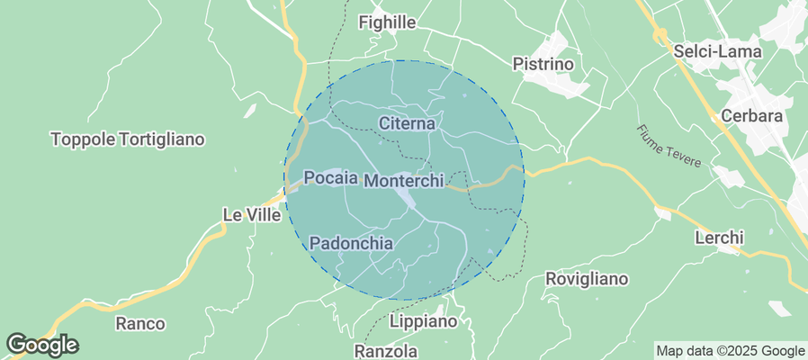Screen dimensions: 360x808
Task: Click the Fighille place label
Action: [x=389, y=22]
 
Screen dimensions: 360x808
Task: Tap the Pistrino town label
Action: [x=543, y=64]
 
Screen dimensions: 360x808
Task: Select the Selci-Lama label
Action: [x=717, y=52]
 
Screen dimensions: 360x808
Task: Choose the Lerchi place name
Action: [x=719, y=238]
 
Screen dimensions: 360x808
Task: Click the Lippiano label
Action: [x=424, y=321]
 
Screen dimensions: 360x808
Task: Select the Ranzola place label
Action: [x=387, y=350]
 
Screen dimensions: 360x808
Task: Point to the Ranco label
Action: [x=140, y=323]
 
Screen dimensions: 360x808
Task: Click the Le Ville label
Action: [x=251, y=215]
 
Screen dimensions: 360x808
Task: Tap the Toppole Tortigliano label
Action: [x=129, y=139]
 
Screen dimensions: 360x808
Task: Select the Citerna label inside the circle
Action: [x=407, y=122]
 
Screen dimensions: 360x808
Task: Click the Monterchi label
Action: [x=404, y=181]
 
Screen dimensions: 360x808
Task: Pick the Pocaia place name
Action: [x=331, y=177]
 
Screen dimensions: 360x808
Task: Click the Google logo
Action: [x=41, y=344]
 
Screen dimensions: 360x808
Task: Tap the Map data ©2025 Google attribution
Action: [x=730, y=351]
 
